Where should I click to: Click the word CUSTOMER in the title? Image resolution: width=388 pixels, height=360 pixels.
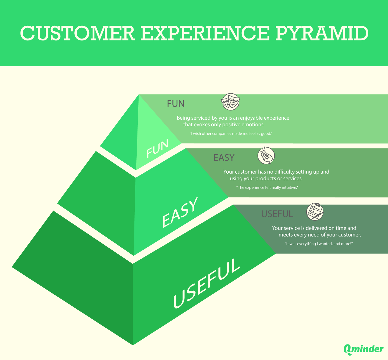[77, 33]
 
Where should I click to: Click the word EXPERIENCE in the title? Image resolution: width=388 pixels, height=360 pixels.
[205, 33]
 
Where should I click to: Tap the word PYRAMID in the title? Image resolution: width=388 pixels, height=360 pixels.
[322, 33]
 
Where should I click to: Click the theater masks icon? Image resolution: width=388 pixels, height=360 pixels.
[230, 102]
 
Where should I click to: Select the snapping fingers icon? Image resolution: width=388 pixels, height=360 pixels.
[266, 156]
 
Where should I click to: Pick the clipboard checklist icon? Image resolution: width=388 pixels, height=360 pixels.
[315, 212]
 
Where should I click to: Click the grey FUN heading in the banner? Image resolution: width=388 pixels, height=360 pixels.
[175, 104]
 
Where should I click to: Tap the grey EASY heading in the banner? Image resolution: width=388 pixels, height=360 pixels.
[224, 158]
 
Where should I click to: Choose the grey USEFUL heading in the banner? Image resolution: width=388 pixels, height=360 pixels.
[277, 214]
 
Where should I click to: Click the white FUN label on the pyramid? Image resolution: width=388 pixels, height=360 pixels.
[157, 149]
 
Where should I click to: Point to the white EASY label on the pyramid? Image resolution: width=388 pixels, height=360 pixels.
[180, 212]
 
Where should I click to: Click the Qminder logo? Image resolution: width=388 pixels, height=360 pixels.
[363, 349]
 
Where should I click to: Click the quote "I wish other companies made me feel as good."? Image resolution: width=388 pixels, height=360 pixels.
[231, 134]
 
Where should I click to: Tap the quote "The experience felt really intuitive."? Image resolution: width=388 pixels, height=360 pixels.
[267, 187]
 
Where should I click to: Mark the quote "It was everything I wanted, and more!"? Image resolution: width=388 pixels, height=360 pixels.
[318, 244]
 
